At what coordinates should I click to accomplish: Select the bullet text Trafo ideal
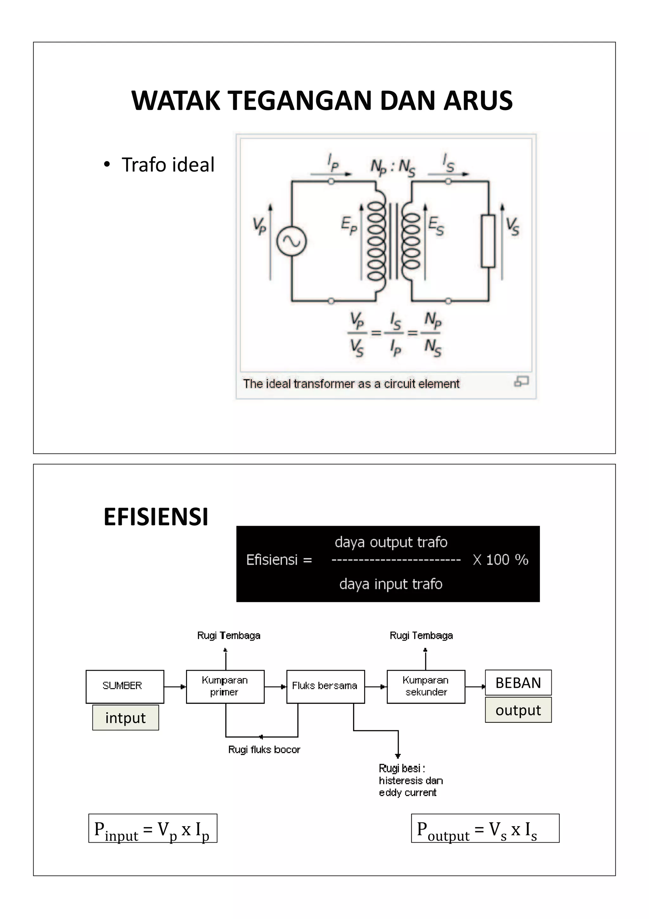click(x=168, y=165)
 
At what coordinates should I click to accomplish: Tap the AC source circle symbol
click(x=292, y=241)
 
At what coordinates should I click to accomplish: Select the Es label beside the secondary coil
click(x=436, y=226)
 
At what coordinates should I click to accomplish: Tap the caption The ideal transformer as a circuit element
click(x=351, y=384)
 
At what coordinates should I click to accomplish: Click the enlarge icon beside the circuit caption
click(x=521, y=381)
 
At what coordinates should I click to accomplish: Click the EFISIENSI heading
click(x=156, y=516)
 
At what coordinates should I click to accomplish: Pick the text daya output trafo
click(x=391, y=542)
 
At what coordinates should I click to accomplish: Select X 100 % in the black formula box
click(x=500, y=560)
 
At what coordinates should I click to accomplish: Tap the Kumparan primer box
click(x=225, y=687)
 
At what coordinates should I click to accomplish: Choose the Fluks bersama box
click(x=325, y=687)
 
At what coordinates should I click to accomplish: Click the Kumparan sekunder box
click(x=426, y=687)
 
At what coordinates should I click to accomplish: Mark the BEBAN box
click(x=518, y=682)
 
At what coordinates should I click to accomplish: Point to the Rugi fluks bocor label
click(x=264, y=749)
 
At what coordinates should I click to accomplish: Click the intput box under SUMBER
click(x=125, y=718)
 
